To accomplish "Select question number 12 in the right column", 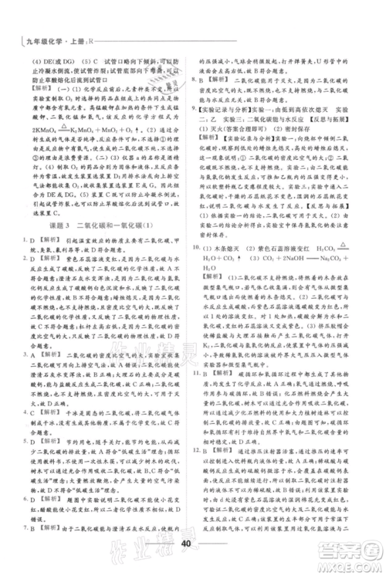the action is [x=205, y=489].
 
